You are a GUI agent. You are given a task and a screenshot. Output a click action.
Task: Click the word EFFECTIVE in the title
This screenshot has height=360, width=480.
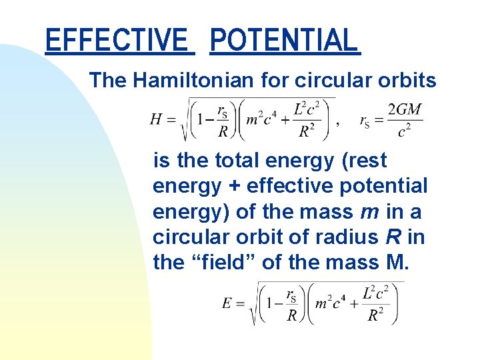point(117,40)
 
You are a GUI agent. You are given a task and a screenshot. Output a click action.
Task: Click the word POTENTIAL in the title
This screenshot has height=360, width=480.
point(284,40)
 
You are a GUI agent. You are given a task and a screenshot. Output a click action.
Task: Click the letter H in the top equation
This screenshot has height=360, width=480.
point(156,120)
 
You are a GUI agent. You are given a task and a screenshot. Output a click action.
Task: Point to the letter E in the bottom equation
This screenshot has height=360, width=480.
point(228,304)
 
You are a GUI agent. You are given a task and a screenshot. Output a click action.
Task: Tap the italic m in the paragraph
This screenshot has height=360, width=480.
point(369,211)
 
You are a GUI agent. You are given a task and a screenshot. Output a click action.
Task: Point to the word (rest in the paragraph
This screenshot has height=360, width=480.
point(360,161)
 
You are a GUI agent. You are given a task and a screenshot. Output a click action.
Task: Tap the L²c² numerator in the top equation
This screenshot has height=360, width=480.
point(307,109)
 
